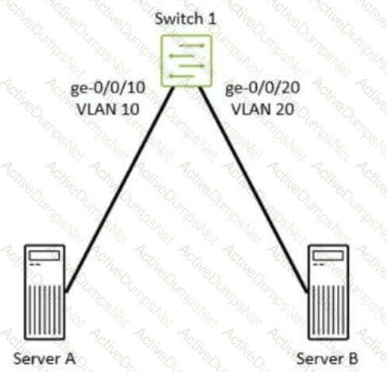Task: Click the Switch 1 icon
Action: pyautogui.click(x=186, y=61)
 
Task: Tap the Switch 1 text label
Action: pyautogui.click(x=185, y=19)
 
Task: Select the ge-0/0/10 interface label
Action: pyautogui.click(x=107, y=88)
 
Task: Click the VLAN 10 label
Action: pyautogui.click(x=108, y=109)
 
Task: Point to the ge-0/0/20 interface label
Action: pyautogui.click(x=262, y=88)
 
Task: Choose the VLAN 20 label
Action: pyautogui.click(x=262, y=109)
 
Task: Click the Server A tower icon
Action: pyautogui.click(x=44, y=292)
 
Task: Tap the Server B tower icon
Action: pyautogui.click(x=329, y=292)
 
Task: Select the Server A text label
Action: pyautogui.click(x=44, y=359)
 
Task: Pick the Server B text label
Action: pyautogui.click(x=327, y=359)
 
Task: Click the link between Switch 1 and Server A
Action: pyautogui.click(x=119, y=190)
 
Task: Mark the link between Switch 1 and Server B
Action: pyautogui.click(x=254, y=190)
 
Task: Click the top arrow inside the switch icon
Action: pyautogui.click(x=192, y=46)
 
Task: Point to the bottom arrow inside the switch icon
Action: pyautogui.click(x=181, y=76)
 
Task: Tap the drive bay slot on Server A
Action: pyautogui.click(x=44, y=256)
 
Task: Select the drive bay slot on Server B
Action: pyautogui.click(x=328, y=256)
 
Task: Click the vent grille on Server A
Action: pyautogui.click(x=44, y=310)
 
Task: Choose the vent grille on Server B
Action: pyautogui.click(x=329, y=310)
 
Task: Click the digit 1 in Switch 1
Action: pyautogui.click(x=212, y=19)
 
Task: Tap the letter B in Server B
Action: pyautogui.click(x=353, y=359)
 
